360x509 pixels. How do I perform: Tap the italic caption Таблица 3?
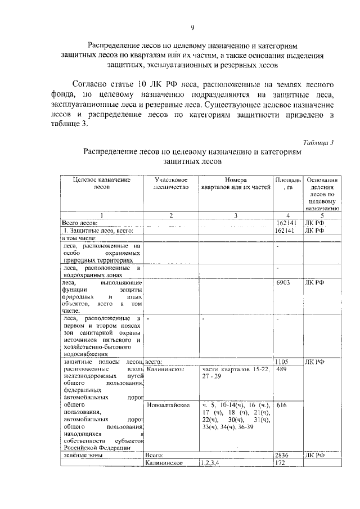318,142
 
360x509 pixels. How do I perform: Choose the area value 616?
282,405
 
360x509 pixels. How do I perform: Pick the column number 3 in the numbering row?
236,215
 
